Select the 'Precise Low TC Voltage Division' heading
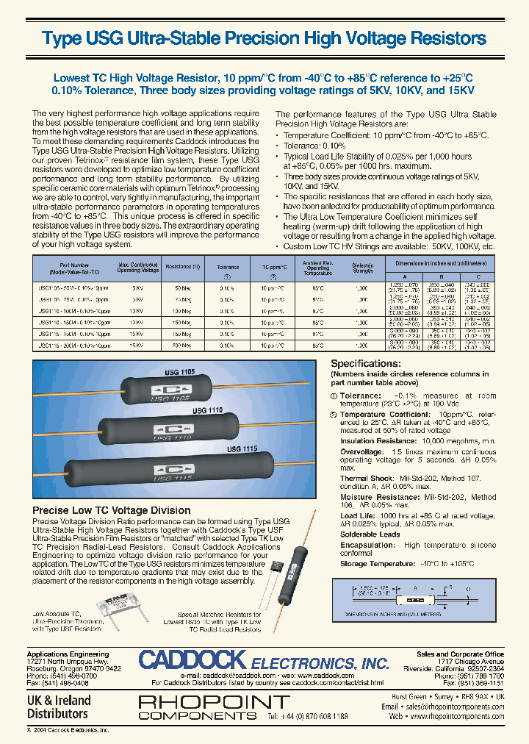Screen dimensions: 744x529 pyautogui.click(x=112, y=510)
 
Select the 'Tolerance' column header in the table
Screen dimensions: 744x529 pyautogui.click(x=228, y=268)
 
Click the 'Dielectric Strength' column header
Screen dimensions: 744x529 pyautogui.click(x=363, y=268)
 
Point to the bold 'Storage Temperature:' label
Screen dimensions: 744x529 pyautogui.click(x=373, y=564)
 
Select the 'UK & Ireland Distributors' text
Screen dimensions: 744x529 pyautogui.click(x=58, y=707)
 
